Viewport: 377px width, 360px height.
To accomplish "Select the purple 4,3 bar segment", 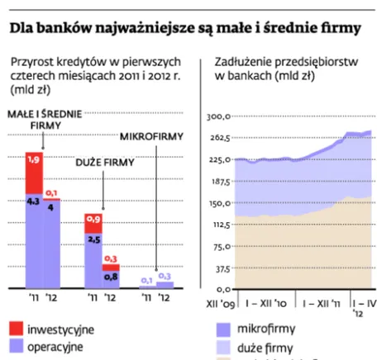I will pos(35,239).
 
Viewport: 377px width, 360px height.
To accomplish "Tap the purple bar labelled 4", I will pos(52,243).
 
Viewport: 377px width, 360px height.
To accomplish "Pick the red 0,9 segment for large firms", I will pos(93,221).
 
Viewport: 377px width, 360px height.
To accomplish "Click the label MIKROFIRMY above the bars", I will pos(152,136).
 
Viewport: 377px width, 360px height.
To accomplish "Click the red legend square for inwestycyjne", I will pos(17,329).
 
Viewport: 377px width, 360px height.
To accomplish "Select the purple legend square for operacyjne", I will pos(17,346).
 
